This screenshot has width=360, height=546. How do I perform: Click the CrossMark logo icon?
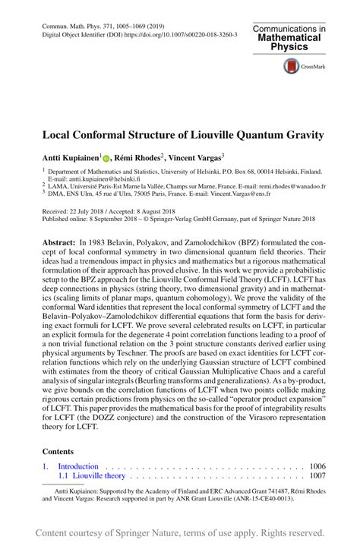click(291, 67)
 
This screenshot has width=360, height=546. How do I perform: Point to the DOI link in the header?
click(182, 35)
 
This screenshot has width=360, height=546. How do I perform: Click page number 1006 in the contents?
click(317, 466)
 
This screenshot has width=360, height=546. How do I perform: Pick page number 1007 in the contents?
click(317, 475)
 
